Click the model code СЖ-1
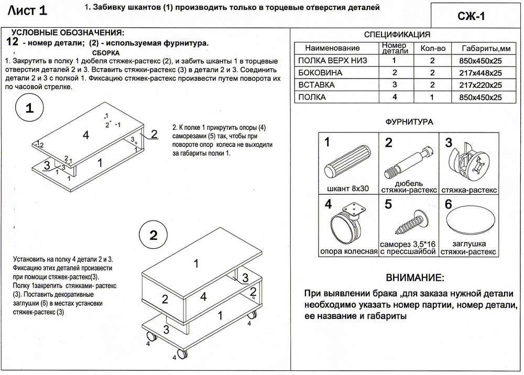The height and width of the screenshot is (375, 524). (475, 16)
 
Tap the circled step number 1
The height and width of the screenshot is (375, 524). (29, 109)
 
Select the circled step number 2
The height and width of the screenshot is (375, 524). (152, 235)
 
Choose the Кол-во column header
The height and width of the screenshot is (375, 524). (433, 48)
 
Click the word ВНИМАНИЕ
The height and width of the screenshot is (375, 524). (414, 277)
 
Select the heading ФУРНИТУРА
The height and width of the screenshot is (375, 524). (409, 122)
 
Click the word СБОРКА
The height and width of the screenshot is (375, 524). (106, 53)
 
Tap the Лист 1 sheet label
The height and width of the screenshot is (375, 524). (32, 10)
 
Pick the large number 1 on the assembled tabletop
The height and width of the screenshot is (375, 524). (196, 264)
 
